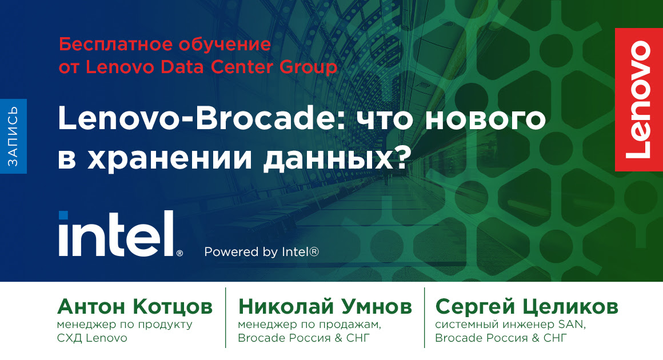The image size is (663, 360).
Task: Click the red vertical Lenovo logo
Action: (x=638, y=99)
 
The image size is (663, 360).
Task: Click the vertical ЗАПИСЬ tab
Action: (x=13, y=136)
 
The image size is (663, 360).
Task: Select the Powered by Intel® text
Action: (x=261, y=251)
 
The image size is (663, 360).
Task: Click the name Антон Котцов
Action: (x=135, y=307)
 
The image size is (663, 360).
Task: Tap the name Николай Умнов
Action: (x=325, y=307)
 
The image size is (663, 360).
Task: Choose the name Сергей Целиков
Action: (x=526, y=307)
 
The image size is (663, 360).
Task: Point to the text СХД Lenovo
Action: (x=91, y=338)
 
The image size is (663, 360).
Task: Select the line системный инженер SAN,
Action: (x=510, y=325)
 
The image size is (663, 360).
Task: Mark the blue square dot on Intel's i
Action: (x=63, y=215)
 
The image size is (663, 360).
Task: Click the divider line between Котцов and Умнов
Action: (x=226, y=318)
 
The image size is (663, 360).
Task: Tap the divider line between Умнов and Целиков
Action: (x=424, y=318)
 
